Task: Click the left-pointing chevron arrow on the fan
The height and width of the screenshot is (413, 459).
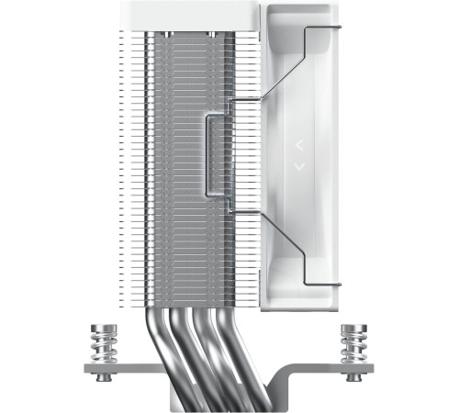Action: (x=298, y=145)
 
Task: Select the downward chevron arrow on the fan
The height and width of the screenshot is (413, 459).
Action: (x=298, y=166)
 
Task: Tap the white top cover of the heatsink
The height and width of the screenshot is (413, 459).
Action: (x=193, y=15)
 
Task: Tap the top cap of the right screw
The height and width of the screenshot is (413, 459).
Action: (x=352, y=328)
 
